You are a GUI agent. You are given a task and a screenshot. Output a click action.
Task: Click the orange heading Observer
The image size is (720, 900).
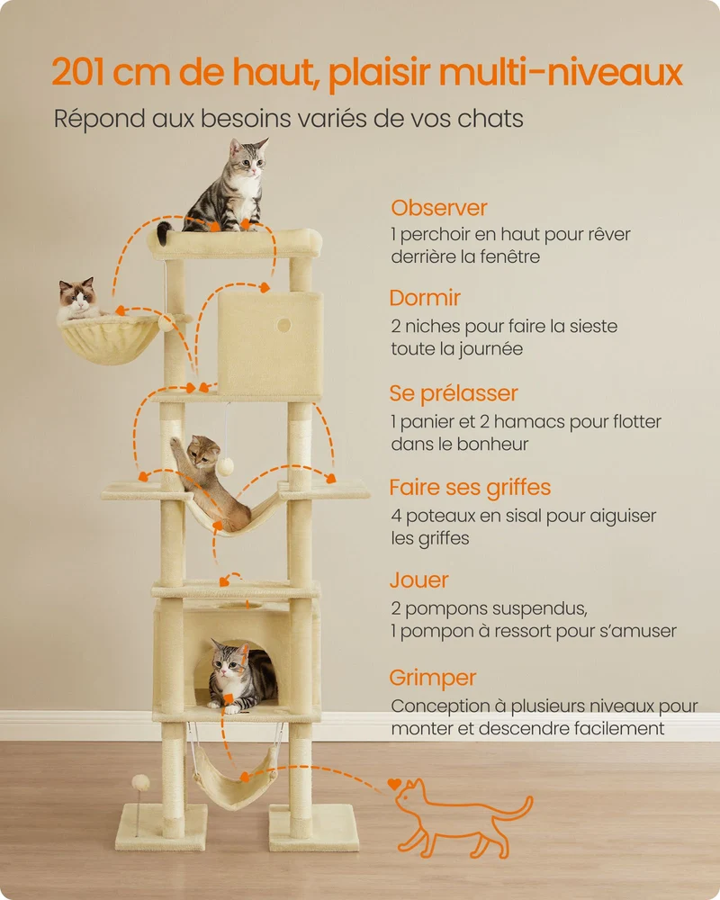coord(438,208)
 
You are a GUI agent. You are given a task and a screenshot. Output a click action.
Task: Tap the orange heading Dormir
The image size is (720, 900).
coord(425,298)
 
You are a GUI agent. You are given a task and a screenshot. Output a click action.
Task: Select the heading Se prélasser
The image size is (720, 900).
coord(454,394)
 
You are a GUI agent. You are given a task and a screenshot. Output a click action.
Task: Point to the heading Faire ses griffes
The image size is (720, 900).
coord(470,488)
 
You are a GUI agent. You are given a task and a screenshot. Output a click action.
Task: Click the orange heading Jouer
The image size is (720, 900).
coord(419,580)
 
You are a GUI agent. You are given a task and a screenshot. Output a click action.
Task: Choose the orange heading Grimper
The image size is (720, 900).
coord(433,678)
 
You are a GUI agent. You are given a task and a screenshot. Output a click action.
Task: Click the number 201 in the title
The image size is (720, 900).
coord(78,72)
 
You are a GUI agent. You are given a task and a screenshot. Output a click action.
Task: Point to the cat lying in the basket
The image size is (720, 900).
coord(78,300)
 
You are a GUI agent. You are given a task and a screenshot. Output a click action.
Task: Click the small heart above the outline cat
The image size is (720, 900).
coord(394,784)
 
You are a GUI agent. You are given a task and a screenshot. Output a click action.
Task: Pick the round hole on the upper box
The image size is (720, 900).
coord(283,326)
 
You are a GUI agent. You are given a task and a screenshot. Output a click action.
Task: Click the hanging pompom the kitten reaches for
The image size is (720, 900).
coord(225,466)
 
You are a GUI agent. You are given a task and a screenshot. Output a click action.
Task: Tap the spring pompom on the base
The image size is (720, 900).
coord(140,782)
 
